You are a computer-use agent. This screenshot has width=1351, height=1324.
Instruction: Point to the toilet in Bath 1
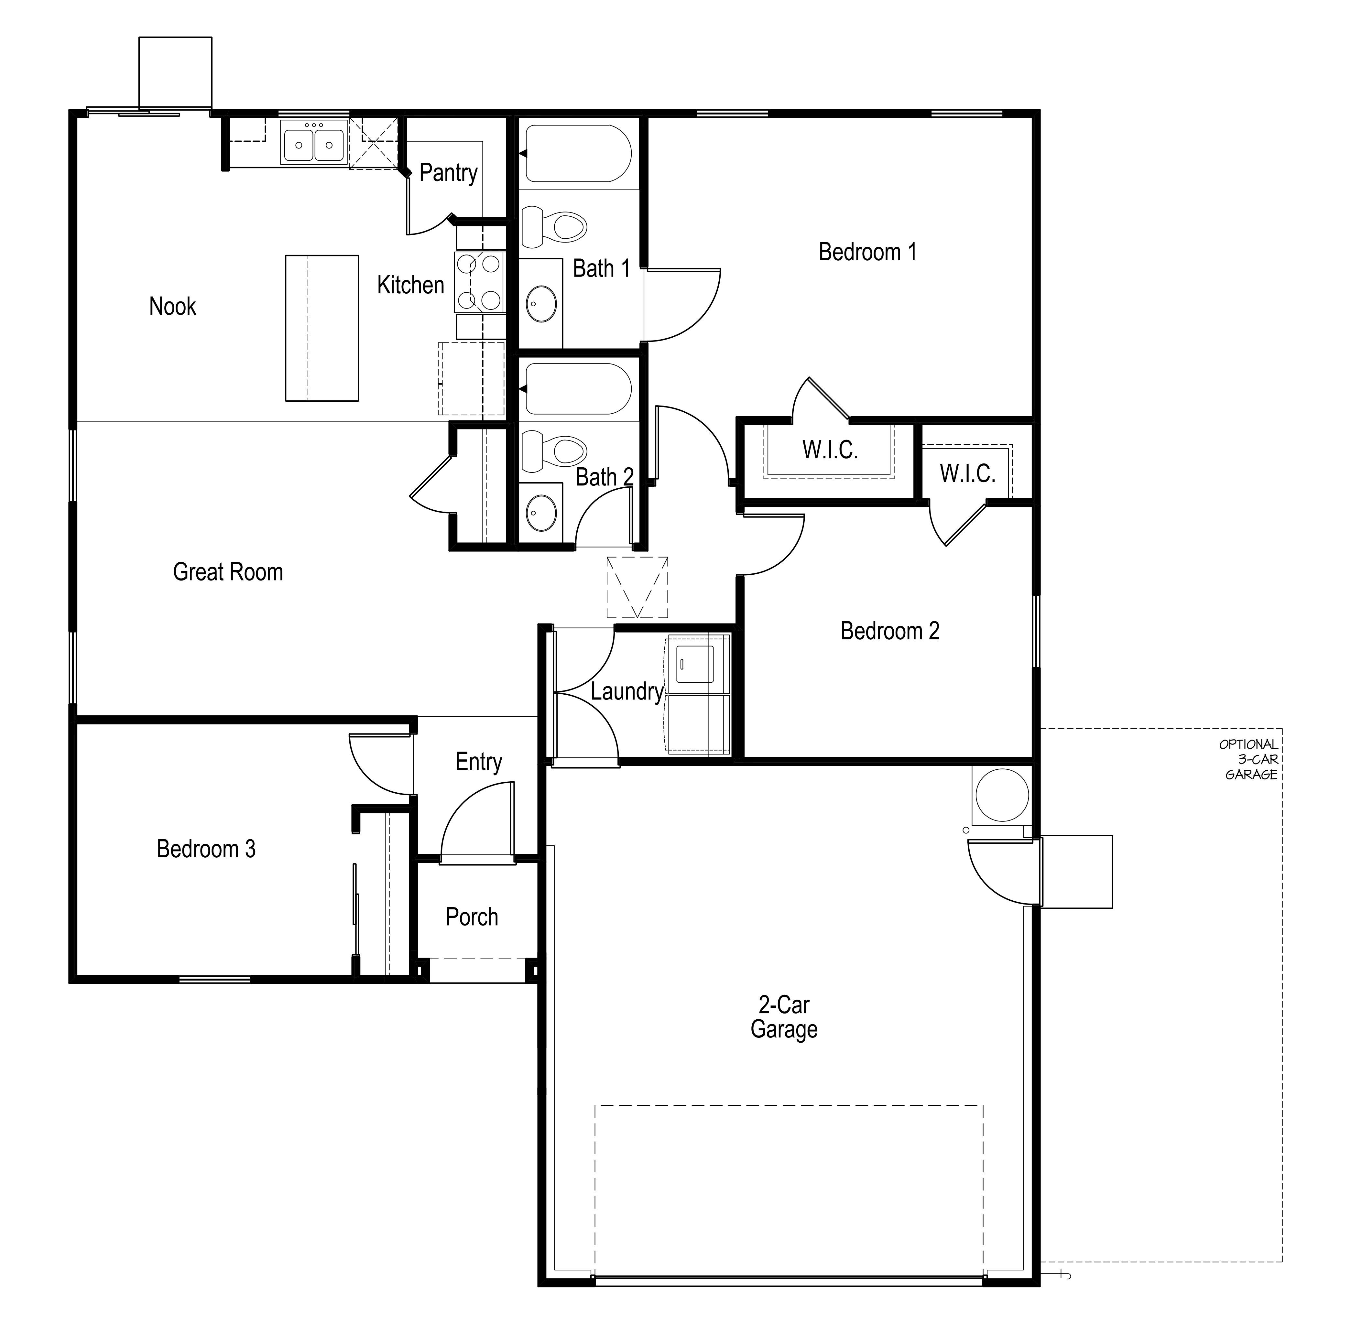click(x=554, y=227)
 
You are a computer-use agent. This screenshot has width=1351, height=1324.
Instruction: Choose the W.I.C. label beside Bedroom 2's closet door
click(x=967, y=473)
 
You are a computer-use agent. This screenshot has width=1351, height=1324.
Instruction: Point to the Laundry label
click(x=626, y=691)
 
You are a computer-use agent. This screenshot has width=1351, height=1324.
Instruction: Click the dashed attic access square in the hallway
click(x=637, y=587)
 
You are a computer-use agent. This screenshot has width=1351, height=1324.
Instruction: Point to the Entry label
click(x=478, y=761)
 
